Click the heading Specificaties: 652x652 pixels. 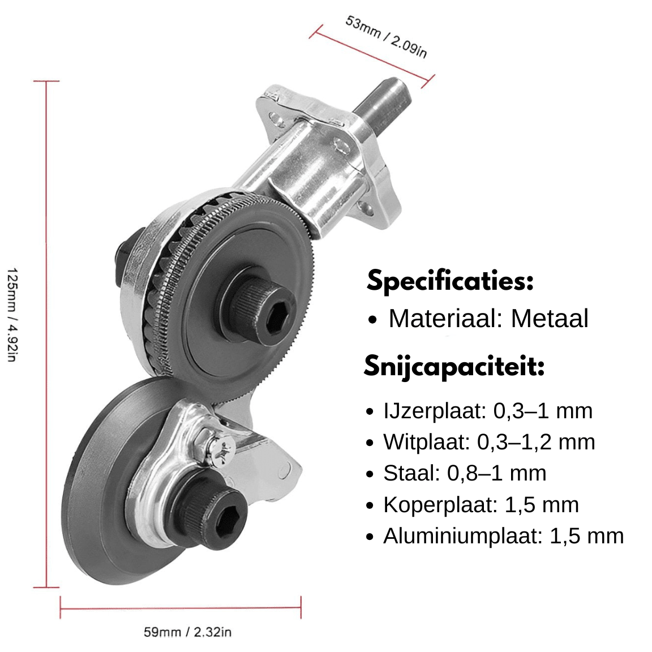coord(450,281)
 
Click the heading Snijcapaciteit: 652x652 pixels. coord(454,366)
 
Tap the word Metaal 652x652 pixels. coord(550,319)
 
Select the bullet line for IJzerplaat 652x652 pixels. coord(479,411)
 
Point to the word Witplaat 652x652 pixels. coord(426,441)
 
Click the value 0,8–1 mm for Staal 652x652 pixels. coord(496,473)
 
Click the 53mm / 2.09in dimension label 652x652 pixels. coord(386,37)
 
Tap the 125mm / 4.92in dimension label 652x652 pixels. coord(12,315)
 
